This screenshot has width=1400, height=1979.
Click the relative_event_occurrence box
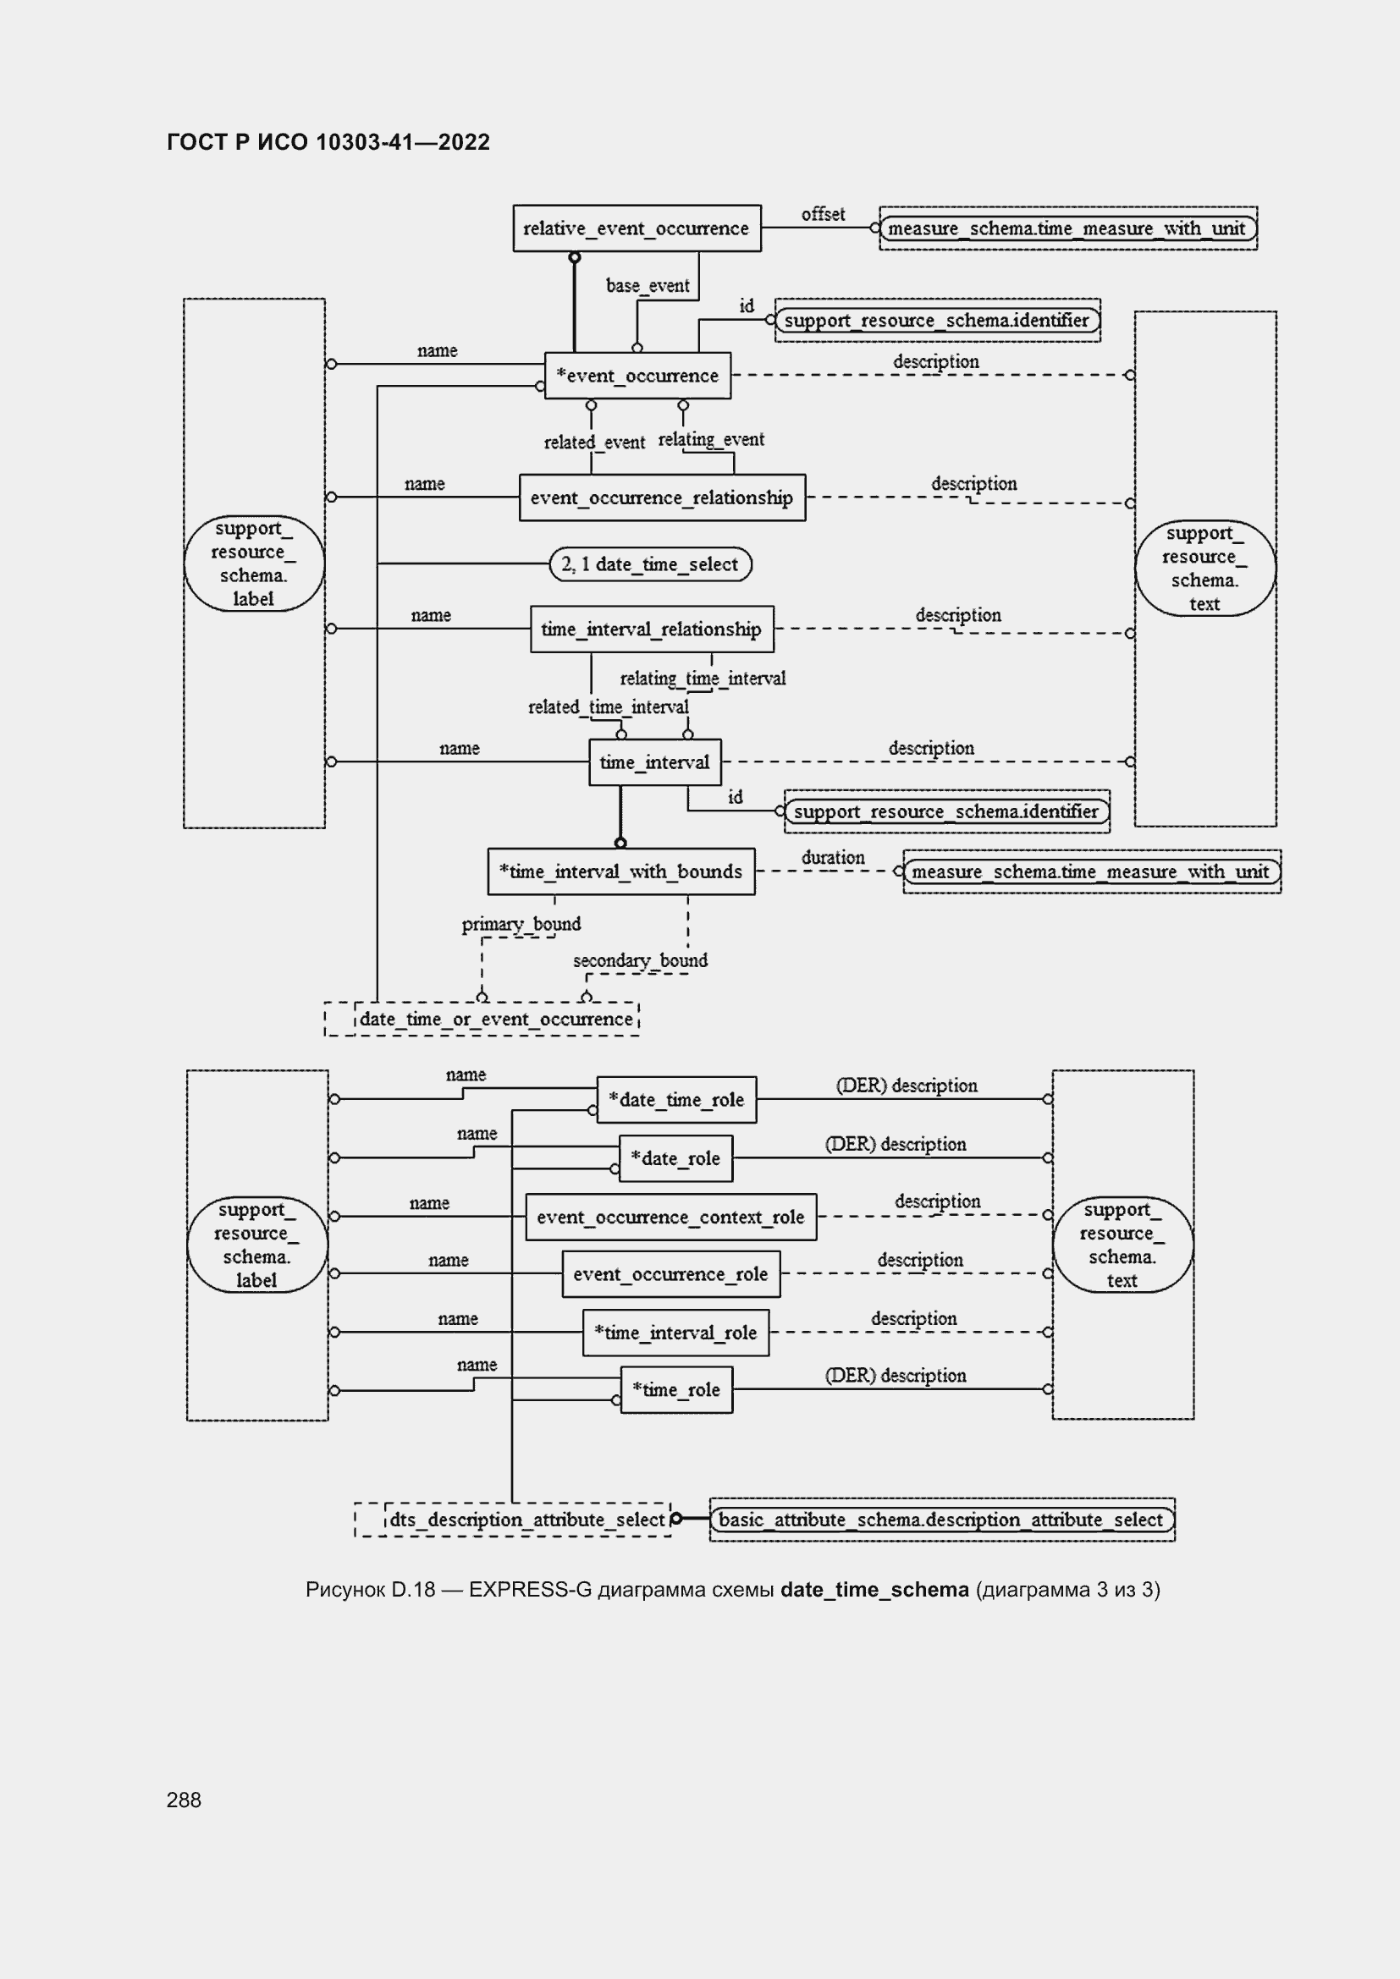point(637,228)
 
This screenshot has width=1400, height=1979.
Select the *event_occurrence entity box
point(637,376)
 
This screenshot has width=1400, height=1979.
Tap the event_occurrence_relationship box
point(662,497)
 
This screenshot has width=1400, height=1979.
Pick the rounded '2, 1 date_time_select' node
point(650,564)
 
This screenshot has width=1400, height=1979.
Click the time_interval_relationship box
point(651,629)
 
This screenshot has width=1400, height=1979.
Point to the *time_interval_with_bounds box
point(620,871)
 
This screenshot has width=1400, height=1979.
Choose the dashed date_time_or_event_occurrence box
point(496,1019)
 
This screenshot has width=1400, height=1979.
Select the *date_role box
point(675,1158)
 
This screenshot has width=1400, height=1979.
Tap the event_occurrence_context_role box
point(670,1217)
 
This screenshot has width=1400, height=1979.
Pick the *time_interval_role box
point(675,1333)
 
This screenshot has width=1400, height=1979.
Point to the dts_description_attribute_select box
point(526,1519)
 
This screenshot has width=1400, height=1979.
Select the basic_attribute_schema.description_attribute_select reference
point(941,1519)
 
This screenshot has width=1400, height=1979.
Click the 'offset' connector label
point(823,214)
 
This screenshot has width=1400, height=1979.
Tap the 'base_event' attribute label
point(648,285)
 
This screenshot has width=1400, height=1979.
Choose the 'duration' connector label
point(833,858)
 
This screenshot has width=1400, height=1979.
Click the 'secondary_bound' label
point(640,960)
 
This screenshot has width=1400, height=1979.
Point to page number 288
point(184,1800)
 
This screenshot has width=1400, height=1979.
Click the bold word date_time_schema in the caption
point(874,1590)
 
